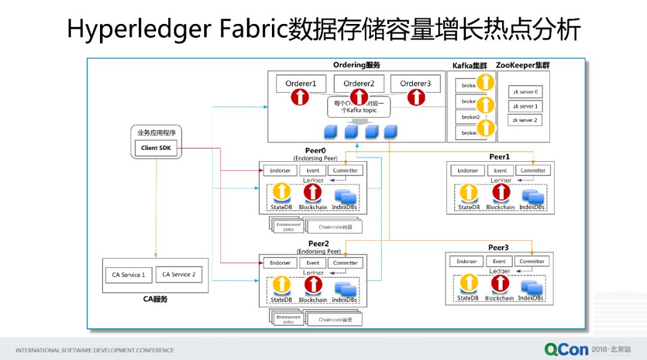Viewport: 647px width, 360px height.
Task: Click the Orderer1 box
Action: [301, 83]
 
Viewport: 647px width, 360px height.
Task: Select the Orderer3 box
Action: [415, 83]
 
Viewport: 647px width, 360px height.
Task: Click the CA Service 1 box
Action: [129, 275]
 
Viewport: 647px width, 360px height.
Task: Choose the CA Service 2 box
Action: [179, 274]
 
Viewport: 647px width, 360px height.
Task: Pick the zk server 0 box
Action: [525, 92]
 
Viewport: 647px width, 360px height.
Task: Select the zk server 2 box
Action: [525, 120]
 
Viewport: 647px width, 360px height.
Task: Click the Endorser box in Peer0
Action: [280, 170]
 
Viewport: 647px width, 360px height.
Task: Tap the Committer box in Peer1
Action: [533, 170]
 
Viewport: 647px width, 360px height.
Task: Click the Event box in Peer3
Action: [500, 261]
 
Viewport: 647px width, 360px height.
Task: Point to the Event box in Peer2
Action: [313, 262]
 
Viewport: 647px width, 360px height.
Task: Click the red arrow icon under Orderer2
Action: [358, 97]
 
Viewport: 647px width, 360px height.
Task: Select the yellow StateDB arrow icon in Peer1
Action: [468, 192]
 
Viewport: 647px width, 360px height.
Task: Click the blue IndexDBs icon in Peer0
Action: [344, 195]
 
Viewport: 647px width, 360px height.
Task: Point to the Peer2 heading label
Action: [319, 244]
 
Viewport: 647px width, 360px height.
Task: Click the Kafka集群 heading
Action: [470, 65]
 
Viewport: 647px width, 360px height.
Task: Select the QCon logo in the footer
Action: [566, 349]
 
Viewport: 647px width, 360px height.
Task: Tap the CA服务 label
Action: [155, 299]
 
